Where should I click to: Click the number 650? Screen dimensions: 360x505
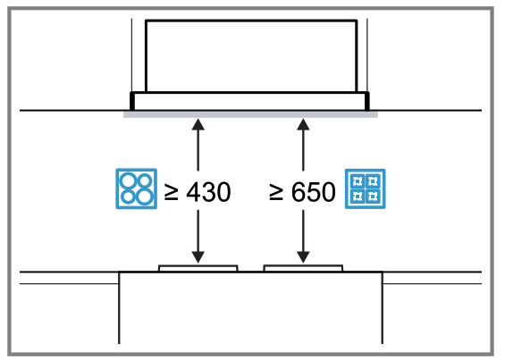click(x=314, y=191)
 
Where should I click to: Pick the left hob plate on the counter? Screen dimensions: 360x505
click(x=198, y=266)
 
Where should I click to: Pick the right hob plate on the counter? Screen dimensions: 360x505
click(x=302, y=266)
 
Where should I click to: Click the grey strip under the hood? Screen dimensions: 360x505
click(x=250, y=113)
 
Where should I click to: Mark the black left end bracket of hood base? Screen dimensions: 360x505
click(x=133, y=99)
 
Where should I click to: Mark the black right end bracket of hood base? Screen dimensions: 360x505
click(x=366, y=99)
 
